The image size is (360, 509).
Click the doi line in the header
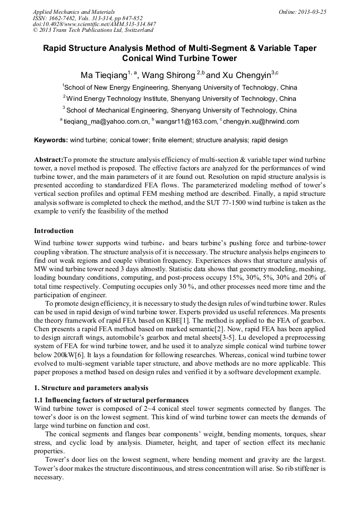click(x=95, y=24)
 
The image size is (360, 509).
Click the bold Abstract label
click(x=48, y=160)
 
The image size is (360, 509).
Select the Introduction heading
click(x=54, y=231)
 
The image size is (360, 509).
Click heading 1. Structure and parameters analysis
click(x=91, y=388)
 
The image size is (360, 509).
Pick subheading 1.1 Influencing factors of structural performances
click(x=111, y=400)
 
